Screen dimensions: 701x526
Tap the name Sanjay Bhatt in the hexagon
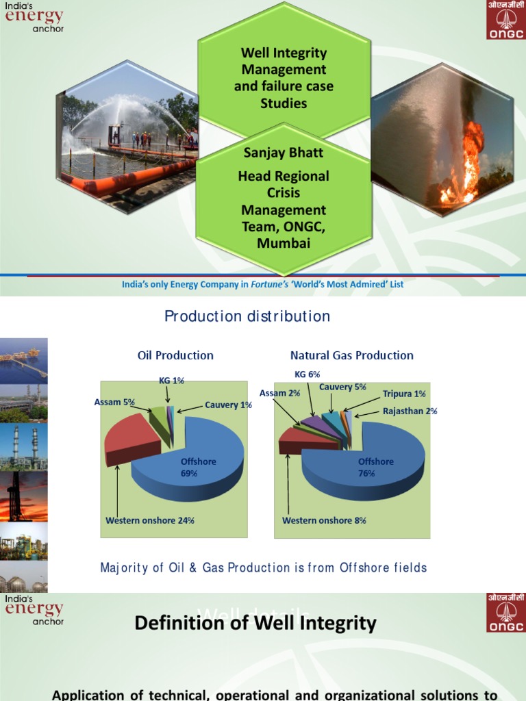coord(283,152)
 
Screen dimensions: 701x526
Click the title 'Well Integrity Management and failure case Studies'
coord(284,78)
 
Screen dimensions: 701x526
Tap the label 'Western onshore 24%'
coord(150,520)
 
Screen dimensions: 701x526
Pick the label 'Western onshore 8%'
coord(324,520)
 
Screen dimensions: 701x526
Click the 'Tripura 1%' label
coord(404,394)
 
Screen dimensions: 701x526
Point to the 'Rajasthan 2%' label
coord(410,411)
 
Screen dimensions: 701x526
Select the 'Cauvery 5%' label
coord(342,387)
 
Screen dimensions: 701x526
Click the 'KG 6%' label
coord(307,374)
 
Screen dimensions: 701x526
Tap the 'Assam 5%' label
coord(115,403)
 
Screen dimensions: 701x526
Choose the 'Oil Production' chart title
coord(175,355)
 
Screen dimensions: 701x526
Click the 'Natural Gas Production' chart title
coord(352,355)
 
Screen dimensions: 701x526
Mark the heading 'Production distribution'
coord(247,316)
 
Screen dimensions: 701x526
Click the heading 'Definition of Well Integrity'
coord(255,623)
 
